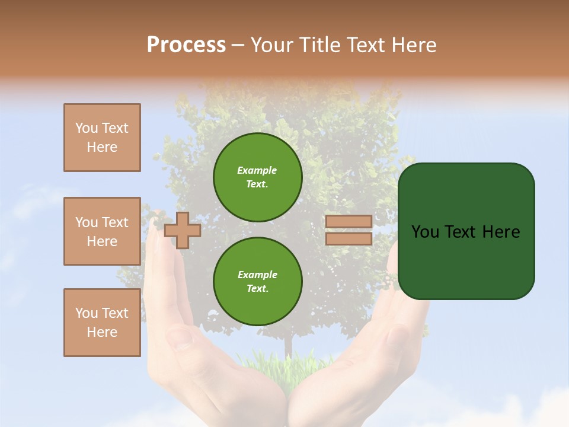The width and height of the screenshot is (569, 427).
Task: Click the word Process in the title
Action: (x=186, y=45)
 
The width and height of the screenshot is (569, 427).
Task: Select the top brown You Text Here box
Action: (x=102, y=138)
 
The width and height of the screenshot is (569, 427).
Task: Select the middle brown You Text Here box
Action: (x=102, y=231)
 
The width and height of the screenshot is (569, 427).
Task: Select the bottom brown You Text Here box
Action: (x=102, y=323)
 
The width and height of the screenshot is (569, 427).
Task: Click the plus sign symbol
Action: (x=182, y=230)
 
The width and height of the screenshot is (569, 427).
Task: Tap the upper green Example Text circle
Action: (x=257, y=177)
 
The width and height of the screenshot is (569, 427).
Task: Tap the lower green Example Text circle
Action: (x=257, y=281)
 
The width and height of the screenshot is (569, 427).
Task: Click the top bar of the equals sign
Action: (x=349, y=221)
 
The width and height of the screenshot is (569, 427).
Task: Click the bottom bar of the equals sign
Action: (x=349, y=238)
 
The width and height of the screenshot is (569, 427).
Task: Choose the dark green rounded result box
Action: (x=466, y=231)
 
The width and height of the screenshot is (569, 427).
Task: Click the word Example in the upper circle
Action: (x=257, y=170)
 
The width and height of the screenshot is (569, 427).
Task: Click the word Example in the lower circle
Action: (x=257, y=275)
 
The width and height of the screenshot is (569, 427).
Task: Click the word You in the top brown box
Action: (x=87, y=128)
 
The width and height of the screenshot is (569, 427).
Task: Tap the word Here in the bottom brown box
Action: (x=102, y=332)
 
